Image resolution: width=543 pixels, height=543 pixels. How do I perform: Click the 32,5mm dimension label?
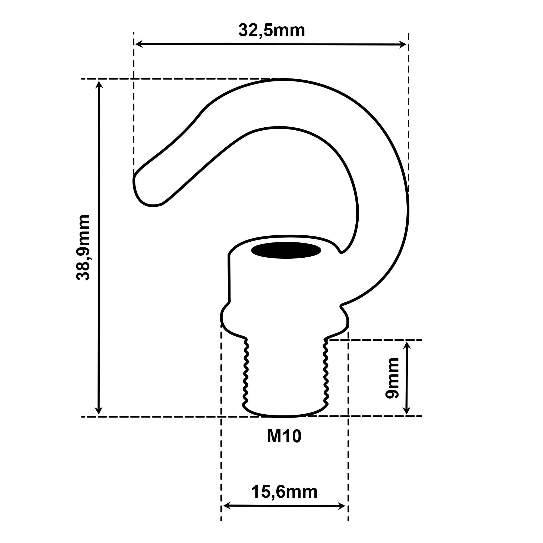click(272, 30)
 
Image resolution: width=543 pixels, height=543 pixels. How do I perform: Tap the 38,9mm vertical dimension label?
click(83, 247)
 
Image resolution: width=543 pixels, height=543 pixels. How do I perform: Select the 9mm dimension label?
click(392, 378)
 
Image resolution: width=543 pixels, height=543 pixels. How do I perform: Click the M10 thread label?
click(284, 437)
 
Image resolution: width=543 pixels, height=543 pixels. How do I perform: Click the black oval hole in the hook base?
click(286, 250)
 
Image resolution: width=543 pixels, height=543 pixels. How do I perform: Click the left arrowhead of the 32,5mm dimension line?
click(139, 44)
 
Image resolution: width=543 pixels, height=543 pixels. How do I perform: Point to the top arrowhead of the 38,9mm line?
click(99, 85)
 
